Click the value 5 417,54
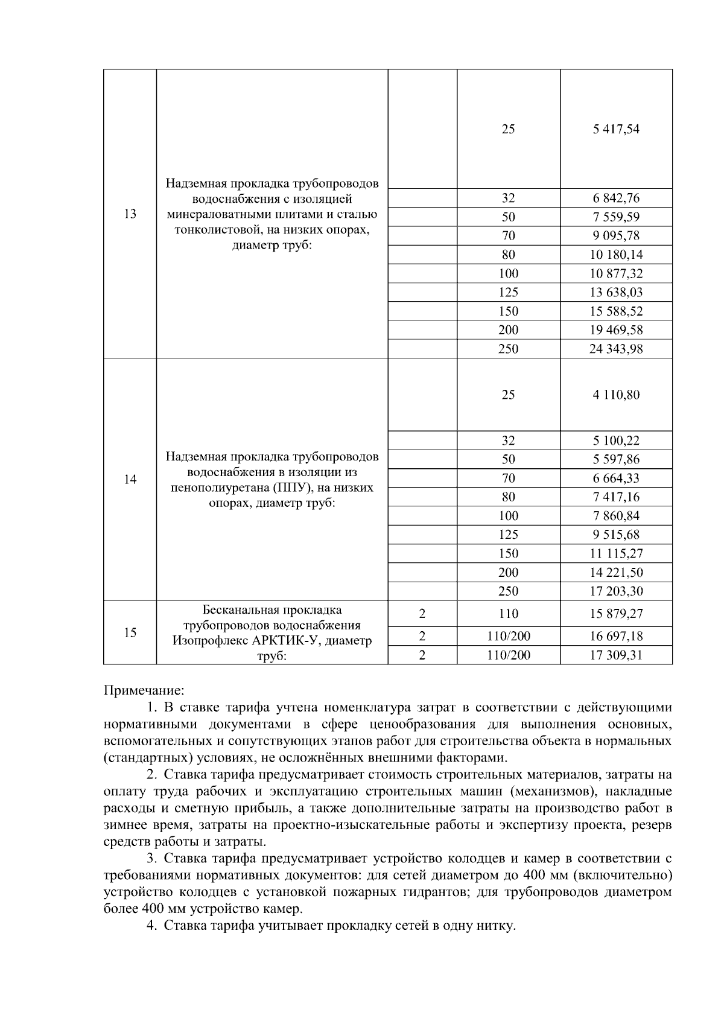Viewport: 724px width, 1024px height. coord(616,129)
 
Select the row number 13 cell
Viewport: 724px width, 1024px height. coord(130,214)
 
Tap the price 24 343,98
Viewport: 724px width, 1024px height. coord(616,349)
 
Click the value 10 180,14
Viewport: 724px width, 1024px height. coord(616,255)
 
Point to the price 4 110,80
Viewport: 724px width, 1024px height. coord(616,395)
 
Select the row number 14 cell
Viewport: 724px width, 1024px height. coord(130,480)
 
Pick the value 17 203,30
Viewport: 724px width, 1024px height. coord(616,591)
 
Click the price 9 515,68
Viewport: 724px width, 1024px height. coord(616,535)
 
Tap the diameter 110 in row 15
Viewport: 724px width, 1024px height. coord(508,614)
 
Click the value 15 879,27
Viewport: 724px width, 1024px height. coord(616,614)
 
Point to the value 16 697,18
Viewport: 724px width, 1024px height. coord(616,636)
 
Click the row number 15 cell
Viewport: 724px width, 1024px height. coord(130,632)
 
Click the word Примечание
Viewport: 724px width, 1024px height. coord(144,690)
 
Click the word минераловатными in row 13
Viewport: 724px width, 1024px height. coord(231,214)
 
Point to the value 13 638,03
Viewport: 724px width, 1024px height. coord(616,292)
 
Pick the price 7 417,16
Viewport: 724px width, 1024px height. coord(616,497)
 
